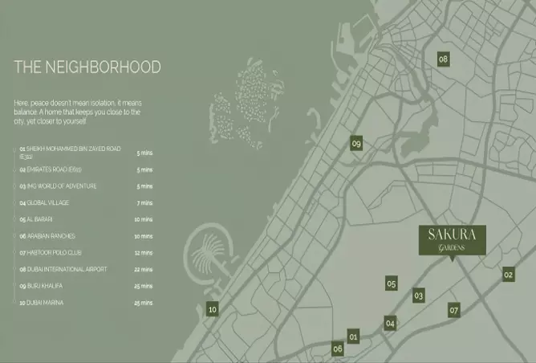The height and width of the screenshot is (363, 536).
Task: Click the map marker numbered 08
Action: click(443, 59)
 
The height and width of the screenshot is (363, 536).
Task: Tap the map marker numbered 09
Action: click(357, 144)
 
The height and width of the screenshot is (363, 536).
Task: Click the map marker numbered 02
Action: click(508, 275)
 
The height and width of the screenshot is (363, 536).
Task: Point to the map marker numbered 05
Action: click(392, 283)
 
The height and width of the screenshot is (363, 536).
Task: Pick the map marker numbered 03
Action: click(418, 296)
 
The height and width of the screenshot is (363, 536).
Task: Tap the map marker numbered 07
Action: click(453, 310)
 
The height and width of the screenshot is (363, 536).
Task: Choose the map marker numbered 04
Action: click(390, 324)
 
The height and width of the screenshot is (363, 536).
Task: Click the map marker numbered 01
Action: click(354, 336)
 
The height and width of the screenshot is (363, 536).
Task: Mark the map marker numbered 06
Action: click(338, 349)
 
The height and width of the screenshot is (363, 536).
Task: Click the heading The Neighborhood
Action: click(87, 67)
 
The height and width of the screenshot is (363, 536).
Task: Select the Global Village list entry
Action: click(45, 203)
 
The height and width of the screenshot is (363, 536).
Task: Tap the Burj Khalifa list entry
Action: click(41, 286)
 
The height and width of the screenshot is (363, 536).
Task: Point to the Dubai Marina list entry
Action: click(43, 303)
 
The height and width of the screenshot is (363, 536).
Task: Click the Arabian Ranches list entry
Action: click(47, 236)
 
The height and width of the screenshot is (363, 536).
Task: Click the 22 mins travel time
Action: click(144, 270)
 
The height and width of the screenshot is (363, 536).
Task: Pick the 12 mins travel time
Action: click(144, 253)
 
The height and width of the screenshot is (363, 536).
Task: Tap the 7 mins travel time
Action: click(144, 203)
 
